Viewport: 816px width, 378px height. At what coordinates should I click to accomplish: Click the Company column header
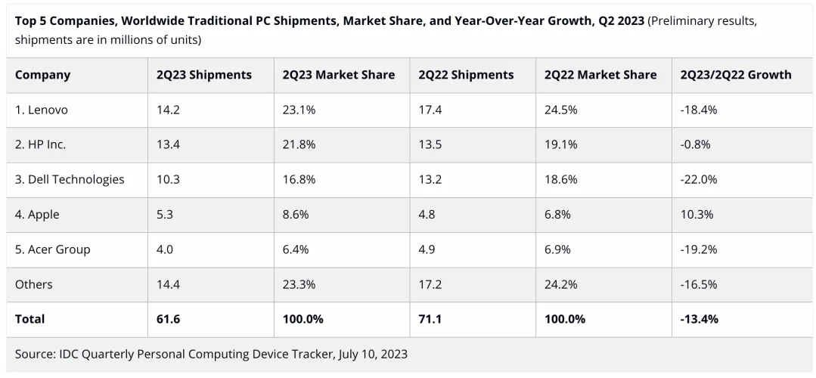(42, 75)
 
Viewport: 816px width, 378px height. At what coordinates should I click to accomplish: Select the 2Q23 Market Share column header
(338, 75)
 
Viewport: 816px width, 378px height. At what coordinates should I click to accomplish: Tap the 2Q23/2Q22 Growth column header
(735, 75)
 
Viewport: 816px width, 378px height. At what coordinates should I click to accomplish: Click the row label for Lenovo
(42, 110)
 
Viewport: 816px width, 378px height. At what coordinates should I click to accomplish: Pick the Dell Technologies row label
(70, 180)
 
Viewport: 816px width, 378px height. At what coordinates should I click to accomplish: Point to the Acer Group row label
(52, 249)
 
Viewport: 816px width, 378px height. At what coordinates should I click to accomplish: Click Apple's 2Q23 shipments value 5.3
(165, 215)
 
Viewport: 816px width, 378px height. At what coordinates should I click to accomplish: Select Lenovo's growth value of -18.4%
(699, 110)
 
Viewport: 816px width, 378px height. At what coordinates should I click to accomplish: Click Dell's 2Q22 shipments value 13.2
(430, 180)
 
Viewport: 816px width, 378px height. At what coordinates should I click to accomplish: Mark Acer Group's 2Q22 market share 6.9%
(558, 249)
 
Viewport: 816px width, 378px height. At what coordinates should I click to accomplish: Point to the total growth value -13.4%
(700, 319)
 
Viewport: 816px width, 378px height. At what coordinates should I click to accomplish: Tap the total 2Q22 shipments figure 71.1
(430, 319)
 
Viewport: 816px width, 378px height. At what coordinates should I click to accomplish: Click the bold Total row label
(30, 319)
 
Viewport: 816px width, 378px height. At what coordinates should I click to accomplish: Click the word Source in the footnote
(35, 354)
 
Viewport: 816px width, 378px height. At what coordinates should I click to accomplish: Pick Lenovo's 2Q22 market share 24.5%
(561, 110)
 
